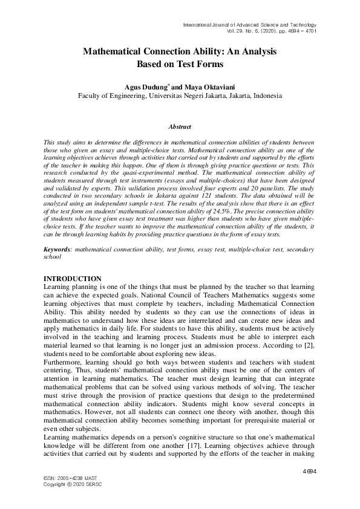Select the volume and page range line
click(272, 30)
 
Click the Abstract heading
click(180, 127)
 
